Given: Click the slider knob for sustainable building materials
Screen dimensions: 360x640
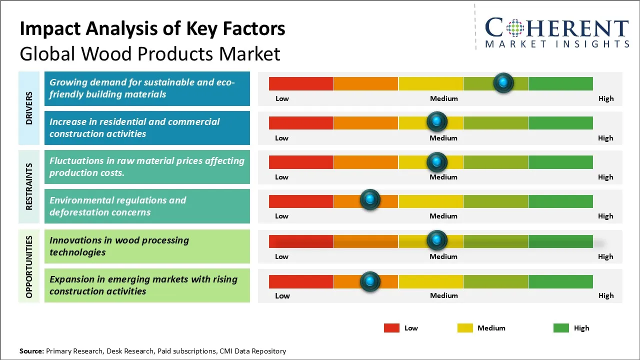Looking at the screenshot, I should tap(503, 82).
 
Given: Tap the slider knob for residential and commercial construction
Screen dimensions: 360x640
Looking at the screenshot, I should tap(436, 121).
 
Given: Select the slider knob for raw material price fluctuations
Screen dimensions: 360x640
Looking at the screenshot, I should tap(436, 161).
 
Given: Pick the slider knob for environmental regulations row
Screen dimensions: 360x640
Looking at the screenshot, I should tap(370, 200).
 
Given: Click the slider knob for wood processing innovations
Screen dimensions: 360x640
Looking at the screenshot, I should tap(436, 240).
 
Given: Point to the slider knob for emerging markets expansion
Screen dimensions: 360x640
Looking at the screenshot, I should tap(370, 281).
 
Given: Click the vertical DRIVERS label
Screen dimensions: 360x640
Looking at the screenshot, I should tap(29, 107).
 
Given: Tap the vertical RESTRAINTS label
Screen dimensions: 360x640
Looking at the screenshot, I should tap(29, 186).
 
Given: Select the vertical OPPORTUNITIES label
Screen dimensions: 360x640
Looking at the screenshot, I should tap(29, 266).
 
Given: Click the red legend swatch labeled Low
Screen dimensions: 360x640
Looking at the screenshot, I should tap(391, 328).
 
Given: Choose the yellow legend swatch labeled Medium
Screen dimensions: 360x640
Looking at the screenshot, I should tap(465, 328).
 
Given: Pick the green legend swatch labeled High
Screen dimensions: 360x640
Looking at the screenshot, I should tap(561, 328).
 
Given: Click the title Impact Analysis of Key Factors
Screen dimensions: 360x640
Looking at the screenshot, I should tap(152, 29).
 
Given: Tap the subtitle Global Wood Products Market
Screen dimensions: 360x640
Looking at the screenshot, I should tap(150, 53).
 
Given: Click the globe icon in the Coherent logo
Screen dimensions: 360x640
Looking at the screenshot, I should tap(514, 28).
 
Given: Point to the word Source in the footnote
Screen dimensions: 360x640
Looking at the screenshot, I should tap(31, 351).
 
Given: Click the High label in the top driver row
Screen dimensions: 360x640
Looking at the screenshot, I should tap(605, 98).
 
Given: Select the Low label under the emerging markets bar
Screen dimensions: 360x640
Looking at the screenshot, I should tap(282, 295).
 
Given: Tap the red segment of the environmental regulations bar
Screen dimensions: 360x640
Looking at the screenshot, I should tap(301, 201).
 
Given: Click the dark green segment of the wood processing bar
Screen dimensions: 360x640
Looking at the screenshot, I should tap(560, 241).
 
